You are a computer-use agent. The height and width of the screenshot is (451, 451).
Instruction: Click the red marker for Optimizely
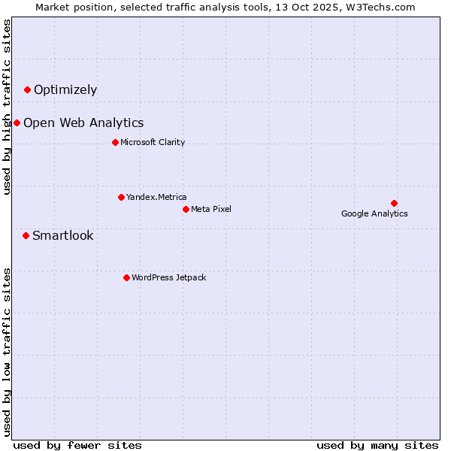tap(28, 90)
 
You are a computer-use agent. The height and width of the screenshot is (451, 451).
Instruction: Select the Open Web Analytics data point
tap(17, 123)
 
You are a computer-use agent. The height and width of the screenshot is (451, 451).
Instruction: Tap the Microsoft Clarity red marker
tap(115, 143)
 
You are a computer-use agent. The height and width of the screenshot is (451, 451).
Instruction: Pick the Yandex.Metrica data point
tap(121, 198)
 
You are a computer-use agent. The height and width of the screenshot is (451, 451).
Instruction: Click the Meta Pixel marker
tap(186, 209)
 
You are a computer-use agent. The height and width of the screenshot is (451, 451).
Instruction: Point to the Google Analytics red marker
tap(394, 203)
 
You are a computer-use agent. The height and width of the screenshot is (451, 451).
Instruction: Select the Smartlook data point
tap(26, 236)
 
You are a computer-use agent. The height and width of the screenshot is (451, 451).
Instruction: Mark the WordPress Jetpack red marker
tap(126, 278)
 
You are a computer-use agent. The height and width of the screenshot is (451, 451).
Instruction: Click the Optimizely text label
tap(65, 90)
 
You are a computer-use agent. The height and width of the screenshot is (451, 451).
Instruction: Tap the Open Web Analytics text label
tap(83, 123)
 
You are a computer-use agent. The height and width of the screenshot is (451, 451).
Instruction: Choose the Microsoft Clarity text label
tap(153, 143)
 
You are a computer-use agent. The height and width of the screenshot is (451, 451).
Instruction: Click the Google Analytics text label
tap(374, 214)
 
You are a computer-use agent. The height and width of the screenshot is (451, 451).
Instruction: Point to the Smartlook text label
tap(63, 236)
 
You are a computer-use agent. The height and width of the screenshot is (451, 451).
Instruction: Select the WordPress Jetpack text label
tap(168, 278)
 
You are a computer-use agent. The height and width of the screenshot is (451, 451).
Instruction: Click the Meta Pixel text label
tap(211, 209)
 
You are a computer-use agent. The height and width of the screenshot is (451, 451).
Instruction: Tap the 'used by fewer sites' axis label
tap(77, 445)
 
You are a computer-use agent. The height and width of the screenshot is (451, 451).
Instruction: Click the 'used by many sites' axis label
tap(377, 445)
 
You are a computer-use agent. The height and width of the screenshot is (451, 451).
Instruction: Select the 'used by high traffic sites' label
tap(7, 107)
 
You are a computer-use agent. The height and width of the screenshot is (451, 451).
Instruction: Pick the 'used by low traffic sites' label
tap(7, 352)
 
